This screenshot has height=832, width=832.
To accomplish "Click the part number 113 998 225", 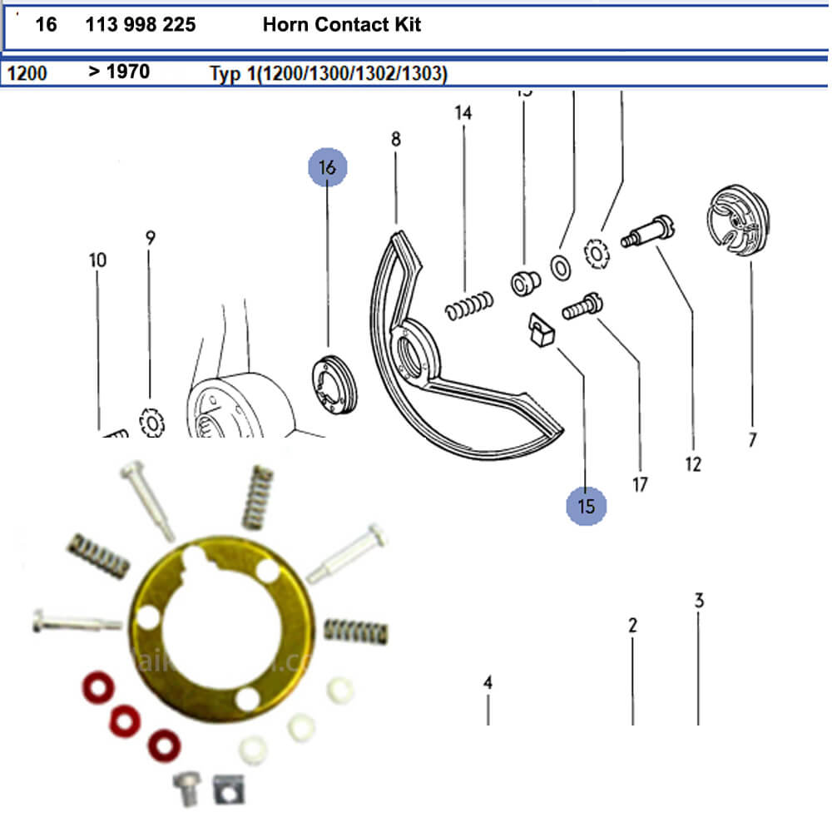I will [x=141, y=25].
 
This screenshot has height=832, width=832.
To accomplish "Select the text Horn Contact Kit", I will [x=342, y=25].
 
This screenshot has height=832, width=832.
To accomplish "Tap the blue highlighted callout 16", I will [x=327, y=167].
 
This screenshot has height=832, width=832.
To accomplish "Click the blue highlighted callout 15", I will [x=587, y=506].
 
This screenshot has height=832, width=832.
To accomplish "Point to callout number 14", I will [x=463, y=113].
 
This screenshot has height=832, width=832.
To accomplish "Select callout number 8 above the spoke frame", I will [x=395, y=140].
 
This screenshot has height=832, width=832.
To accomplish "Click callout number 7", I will [x=752, y=439].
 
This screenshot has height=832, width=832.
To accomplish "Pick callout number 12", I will [x=693, y=464].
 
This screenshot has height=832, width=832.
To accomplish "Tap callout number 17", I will [x=640, y=483].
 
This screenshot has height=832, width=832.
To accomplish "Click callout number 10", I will [x=97, y=260].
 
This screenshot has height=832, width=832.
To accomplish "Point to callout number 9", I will [x=151, y=238].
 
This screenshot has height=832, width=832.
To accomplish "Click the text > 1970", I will [x=119, y=72].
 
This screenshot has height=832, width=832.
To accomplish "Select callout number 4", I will [x=488, y=683].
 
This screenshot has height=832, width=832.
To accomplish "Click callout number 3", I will [x=699, y=600].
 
